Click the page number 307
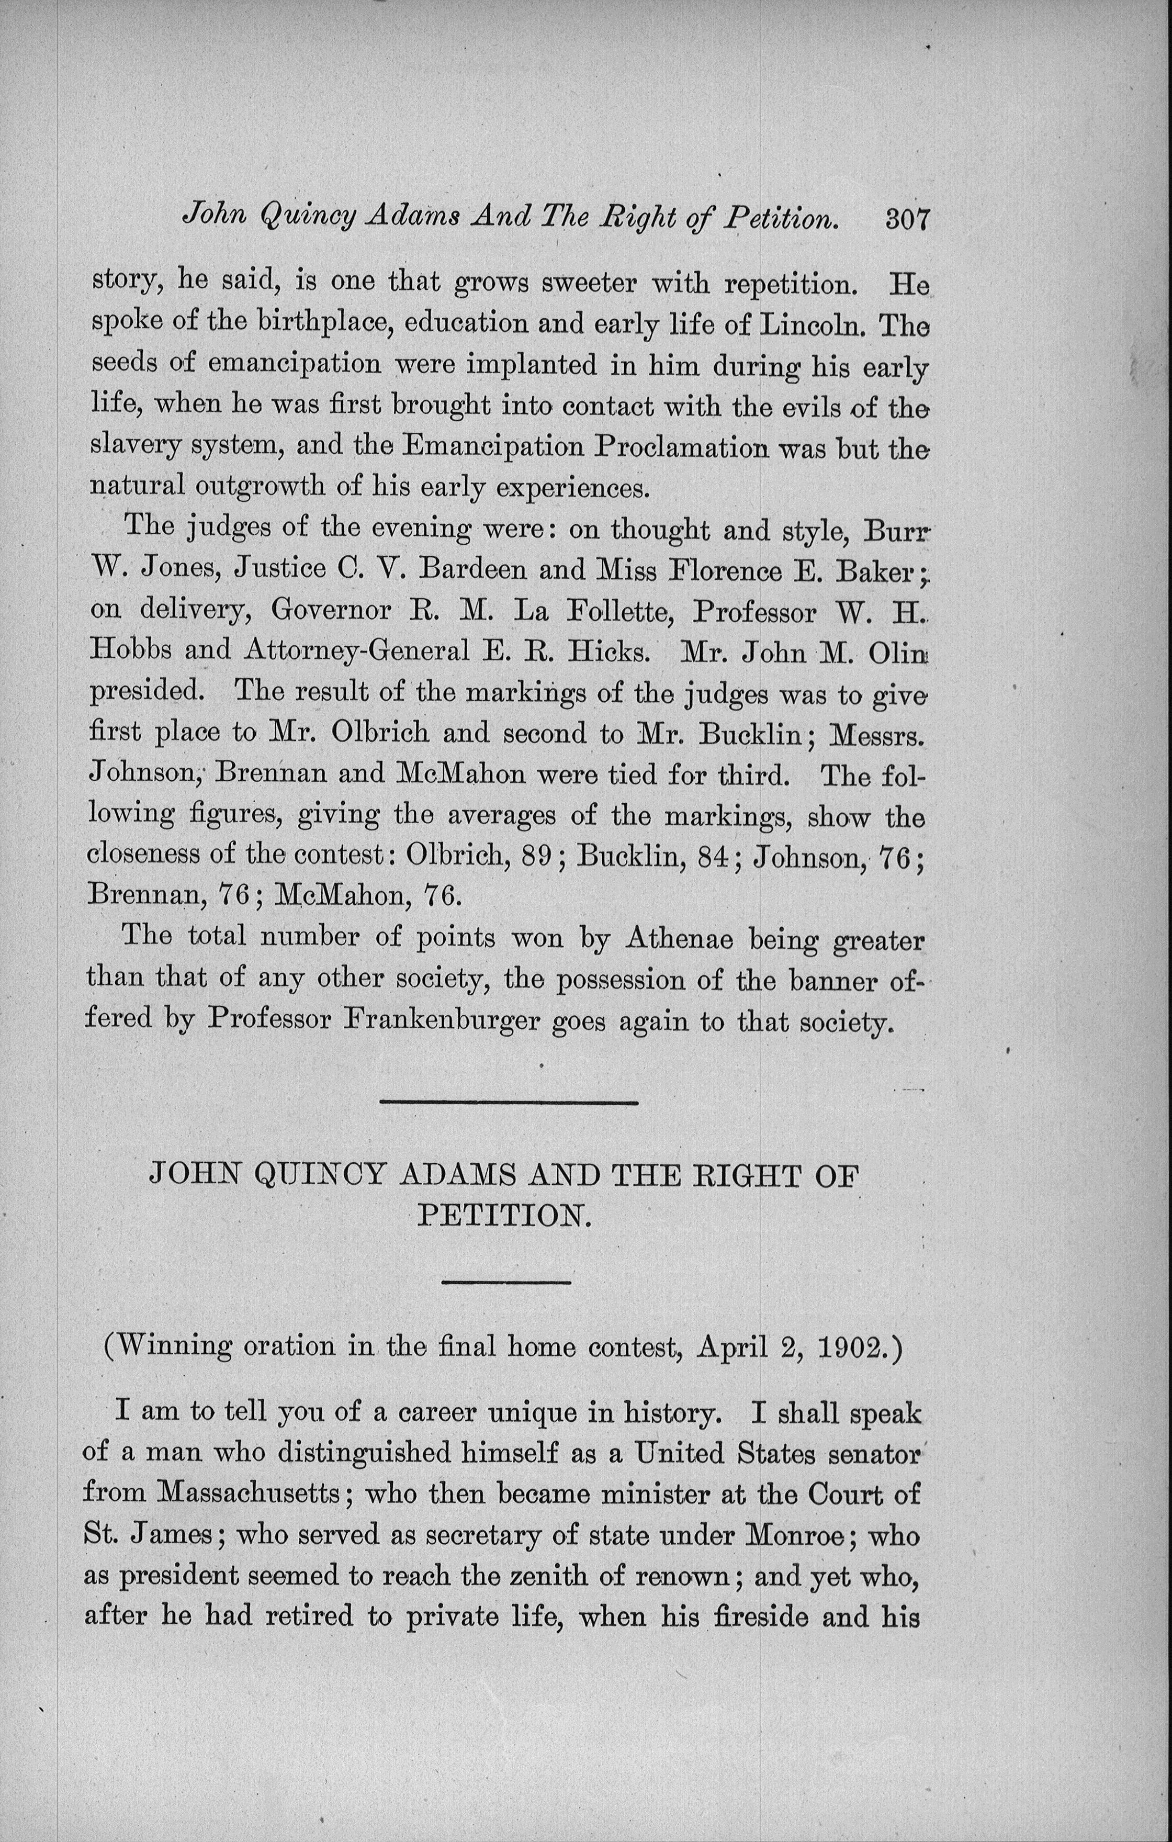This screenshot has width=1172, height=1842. (x=907, y=220)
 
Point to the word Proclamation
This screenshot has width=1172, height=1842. (x=681, y=447)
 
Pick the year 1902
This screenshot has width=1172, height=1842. (x=851, y=1368)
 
